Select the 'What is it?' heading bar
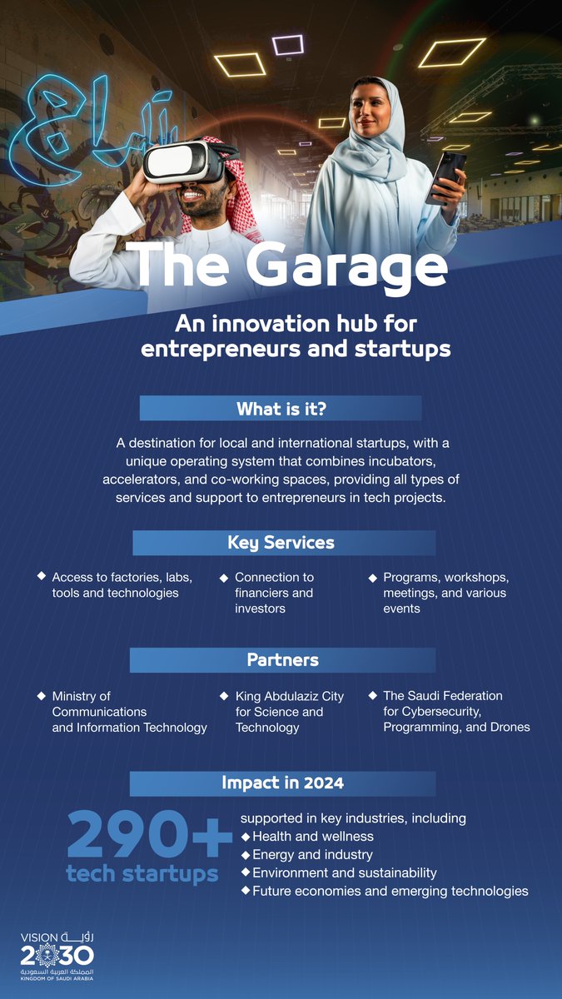281,409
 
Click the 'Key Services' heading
281,543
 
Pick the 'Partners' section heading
282,660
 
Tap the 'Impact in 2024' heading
282,783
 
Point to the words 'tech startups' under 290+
142,874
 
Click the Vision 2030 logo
57,957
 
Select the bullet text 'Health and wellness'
312,836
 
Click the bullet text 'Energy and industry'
312,854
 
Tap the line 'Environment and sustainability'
344,872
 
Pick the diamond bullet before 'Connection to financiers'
224,577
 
